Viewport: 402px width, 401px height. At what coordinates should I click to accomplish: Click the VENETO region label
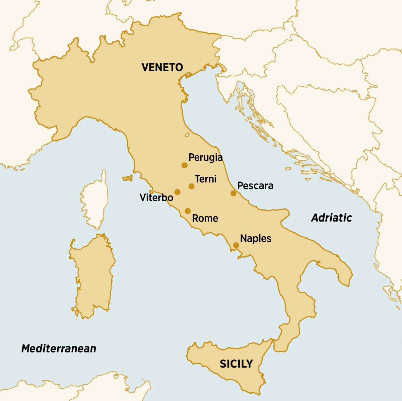click(162, 67)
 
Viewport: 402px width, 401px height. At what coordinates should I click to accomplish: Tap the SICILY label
click(236, 364)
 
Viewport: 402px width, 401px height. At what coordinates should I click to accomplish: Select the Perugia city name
click(205, 157)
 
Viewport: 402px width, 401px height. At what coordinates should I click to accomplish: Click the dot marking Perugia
click(184, 165)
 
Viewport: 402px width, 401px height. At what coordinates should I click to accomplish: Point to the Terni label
click(205, 179)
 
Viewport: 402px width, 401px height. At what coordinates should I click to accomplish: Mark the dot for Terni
click(191, 186)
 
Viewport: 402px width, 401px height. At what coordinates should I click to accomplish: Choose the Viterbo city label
click(156, 198)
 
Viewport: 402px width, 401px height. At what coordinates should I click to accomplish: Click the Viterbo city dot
click(177, 192)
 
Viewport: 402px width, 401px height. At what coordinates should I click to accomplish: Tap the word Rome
click(205, 219)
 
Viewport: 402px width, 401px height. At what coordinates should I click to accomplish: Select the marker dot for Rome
click(188, 211)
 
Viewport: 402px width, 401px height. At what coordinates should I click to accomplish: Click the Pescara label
click(255, 186)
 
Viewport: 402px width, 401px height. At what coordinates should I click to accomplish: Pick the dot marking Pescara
click(233, 193)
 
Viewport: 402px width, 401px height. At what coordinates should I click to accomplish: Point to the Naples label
click(256, 239)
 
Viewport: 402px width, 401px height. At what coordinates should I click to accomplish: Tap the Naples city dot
click(236, 245)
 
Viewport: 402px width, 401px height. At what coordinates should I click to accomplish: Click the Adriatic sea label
click(332, 218)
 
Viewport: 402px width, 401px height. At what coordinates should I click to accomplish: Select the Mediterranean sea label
click(59, 348)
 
